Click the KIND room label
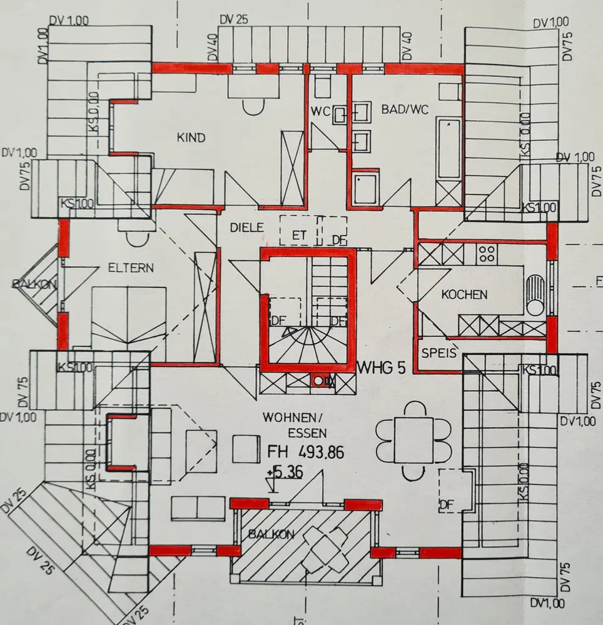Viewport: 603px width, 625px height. (191, 137)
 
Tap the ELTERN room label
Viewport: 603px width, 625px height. (130, 268)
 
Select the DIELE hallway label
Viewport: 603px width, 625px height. (246, 228)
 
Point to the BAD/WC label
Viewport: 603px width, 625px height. (405, 109)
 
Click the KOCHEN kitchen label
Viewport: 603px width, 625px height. (464, 294)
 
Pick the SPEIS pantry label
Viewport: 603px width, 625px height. (437, 351)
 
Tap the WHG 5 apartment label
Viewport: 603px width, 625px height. (381, 367)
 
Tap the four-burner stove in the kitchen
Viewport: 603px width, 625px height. (487, 254)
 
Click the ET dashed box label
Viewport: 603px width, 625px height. (301, 236)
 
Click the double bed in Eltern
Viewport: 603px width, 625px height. (128, 316)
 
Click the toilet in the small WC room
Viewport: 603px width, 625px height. (324, 86)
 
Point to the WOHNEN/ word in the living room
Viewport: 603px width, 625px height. (286, 417)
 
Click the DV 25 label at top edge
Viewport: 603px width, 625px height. (234, 19)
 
